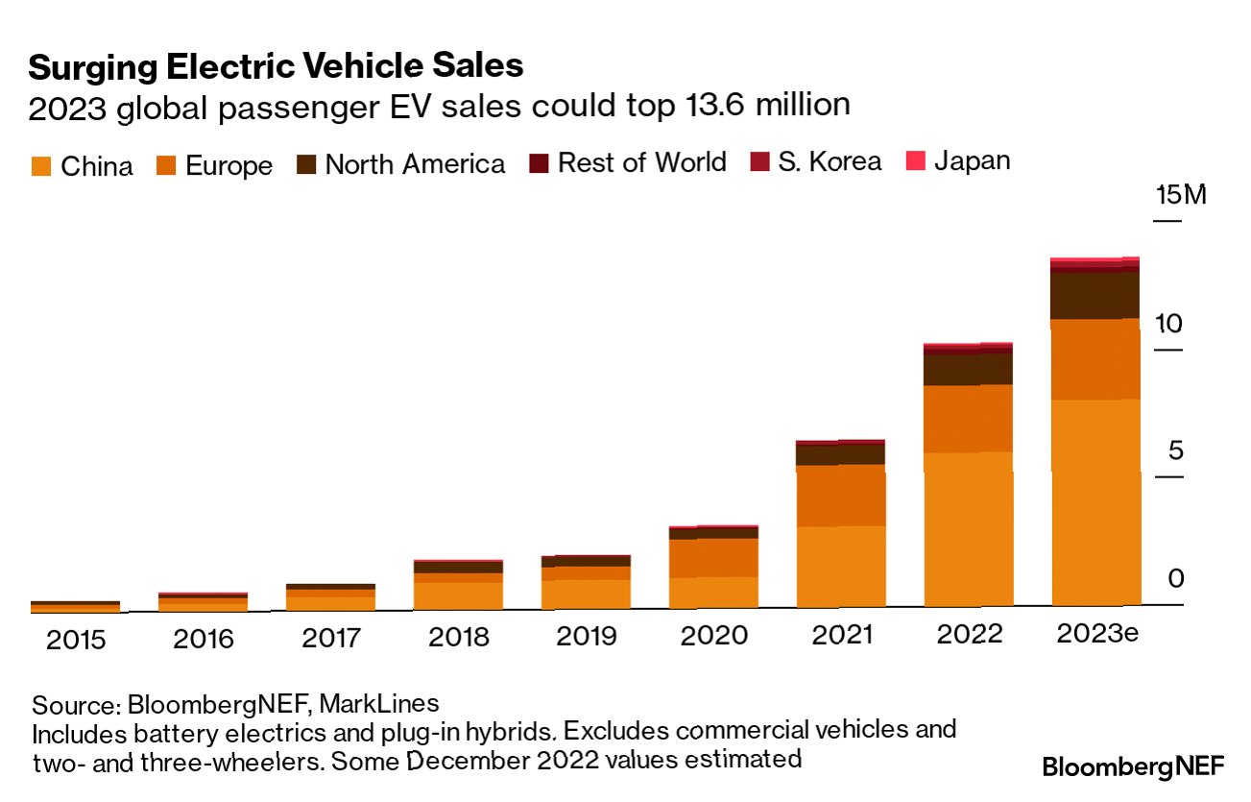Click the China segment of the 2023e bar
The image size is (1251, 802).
1095,501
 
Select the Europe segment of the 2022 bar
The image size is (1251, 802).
968,418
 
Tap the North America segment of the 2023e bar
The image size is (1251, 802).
1095,295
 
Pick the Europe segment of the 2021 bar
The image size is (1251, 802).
840,495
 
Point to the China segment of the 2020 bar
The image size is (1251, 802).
712,592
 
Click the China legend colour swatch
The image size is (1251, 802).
39,166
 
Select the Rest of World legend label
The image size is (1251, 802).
641,162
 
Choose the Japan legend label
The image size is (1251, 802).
972,160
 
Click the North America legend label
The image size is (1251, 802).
415,164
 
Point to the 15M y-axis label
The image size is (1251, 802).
1179,196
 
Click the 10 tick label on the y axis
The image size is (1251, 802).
1167,324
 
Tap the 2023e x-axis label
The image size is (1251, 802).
1095,634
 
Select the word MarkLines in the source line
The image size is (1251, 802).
378,704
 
